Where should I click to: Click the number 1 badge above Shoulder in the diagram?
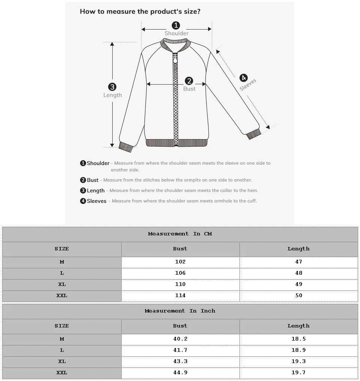176,25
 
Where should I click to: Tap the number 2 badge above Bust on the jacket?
189,81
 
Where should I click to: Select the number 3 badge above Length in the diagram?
112,87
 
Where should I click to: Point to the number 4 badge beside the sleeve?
243,78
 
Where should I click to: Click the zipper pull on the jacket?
175,58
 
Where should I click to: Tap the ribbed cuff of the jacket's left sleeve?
126,147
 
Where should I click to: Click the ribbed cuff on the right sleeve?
254,134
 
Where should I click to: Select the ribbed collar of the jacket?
176,44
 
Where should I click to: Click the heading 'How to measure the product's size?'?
140,12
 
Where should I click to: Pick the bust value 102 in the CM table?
180,262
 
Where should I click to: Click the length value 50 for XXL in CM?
299,295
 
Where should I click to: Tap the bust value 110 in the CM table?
180,284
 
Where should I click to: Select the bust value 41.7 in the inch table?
180,350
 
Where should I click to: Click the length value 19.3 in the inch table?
299,361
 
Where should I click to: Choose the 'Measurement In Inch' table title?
180,311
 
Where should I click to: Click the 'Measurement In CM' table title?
180,234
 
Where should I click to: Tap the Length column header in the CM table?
299,249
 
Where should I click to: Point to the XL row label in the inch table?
62,361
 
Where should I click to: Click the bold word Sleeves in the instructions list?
97,201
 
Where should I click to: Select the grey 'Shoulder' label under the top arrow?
177,33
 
